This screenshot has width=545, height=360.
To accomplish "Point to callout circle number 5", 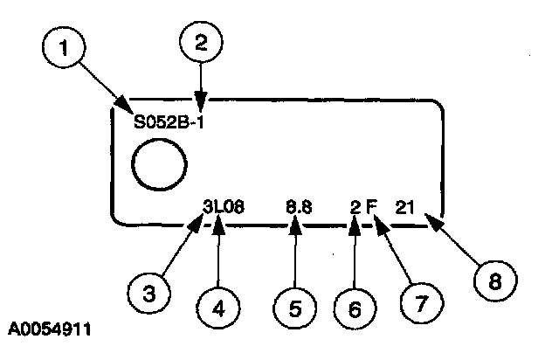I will coord(296,307).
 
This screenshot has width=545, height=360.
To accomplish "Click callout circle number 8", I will coord(493,281).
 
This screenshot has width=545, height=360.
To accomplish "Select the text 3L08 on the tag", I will coord(224,207).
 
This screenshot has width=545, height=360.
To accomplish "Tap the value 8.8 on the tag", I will coord(300,207).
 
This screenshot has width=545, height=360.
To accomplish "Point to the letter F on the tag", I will coord(370,207).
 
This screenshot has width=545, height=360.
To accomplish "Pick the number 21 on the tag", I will coord(404,207).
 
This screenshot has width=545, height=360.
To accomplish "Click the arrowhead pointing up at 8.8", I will coord(296,225).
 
